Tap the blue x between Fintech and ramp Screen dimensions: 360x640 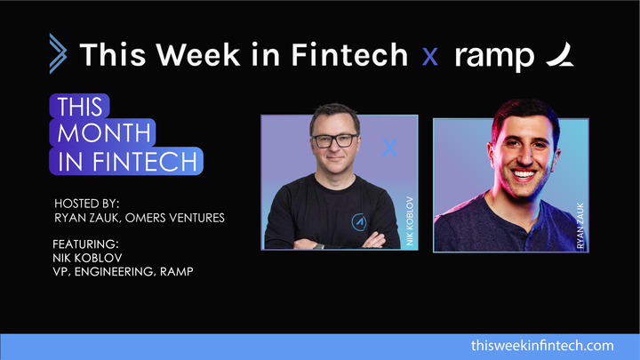point(430,56)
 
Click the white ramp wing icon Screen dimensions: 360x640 point(560,56)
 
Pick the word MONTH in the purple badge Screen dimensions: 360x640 point(103,135)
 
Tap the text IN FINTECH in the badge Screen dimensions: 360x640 point(128,163)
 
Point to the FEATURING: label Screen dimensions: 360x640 point(86,243)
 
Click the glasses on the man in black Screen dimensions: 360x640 point(333,140)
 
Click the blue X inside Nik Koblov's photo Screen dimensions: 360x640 point(388,148)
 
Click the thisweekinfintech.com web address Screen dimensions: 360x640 point(543,345)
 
